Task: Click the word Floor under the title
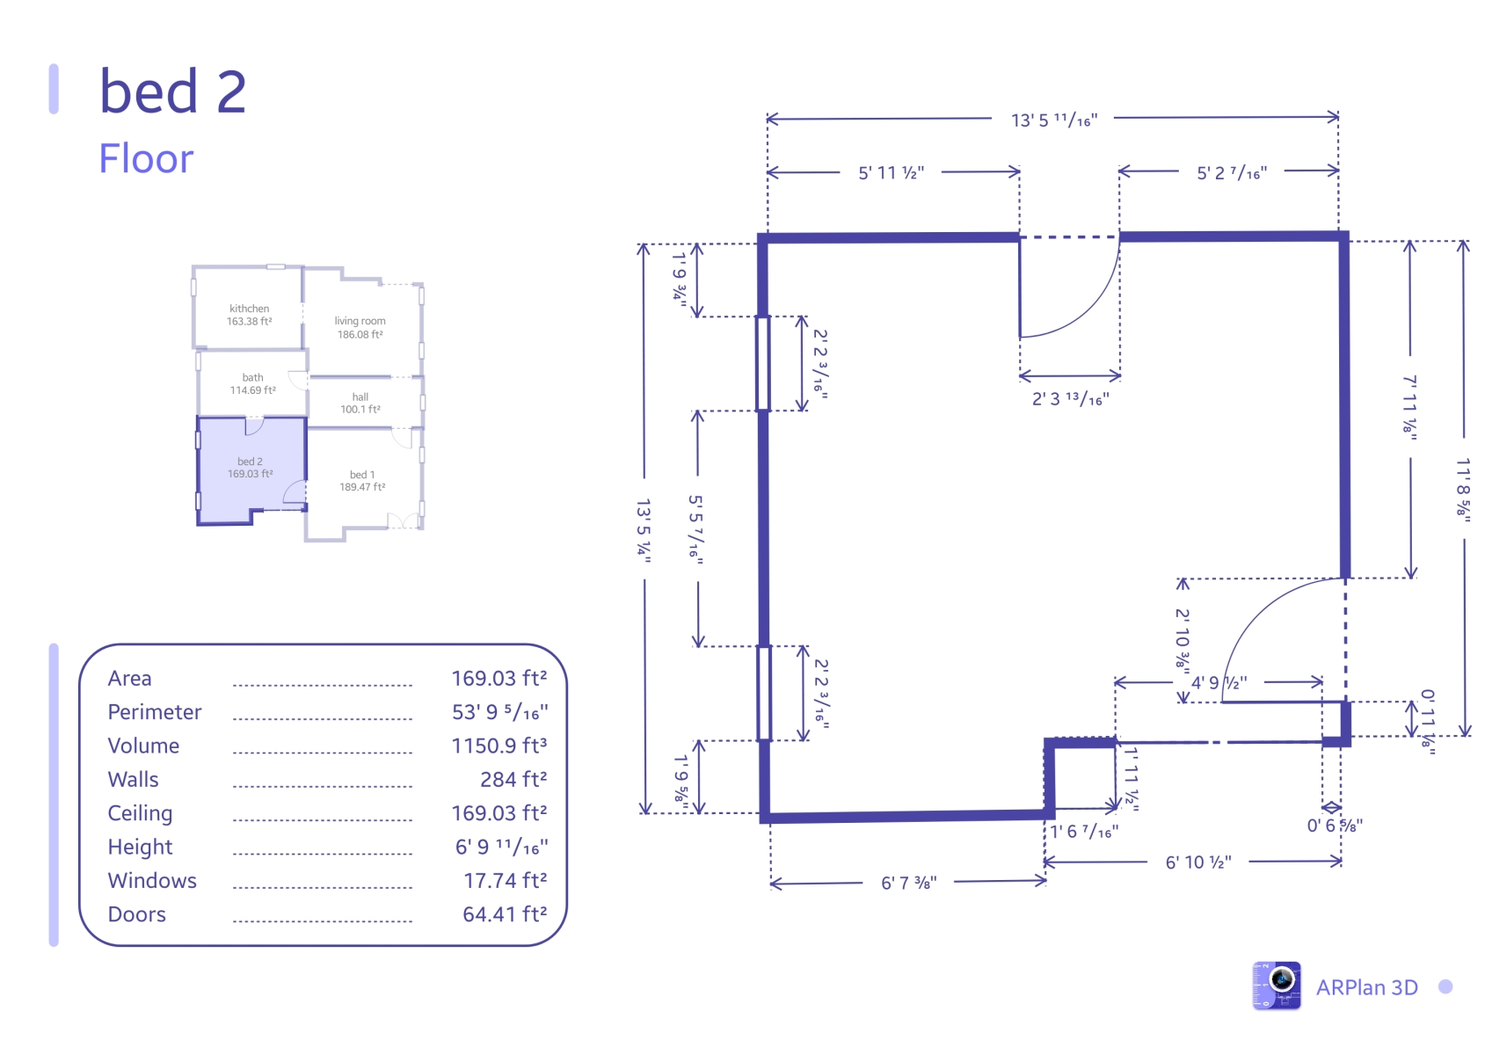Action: pyautogui.click(x=146, y=158)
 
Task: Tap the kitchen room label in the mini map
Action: pyautogui.click(x=249, y=315)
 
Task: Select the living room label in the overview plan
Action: pyautogui.click(x=360, y=327)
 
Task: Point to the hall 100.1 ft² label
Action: pyautogui.click(x=360, y=403)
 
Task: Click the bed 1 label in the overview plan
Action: pyautogui.click(x=362, y=480)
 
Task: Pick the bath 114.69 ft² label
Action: pyautogui.click(x=252, y=383)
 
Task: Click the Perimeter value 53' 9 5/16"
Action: pyautogui.click(x=499, y=712)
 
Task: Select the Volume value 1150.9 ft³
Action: pyautogui.click(x=499, y=746)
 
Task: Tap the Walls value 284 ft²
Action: pyautogui.click(x=513, y=779)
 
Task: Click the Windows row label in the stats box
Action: pyautogui.click(x=152, y=881)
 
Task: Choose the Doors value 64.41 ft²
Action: pyautogui.click(x=505, y=913)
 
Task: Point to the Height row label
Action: pyautogui.click(x=140, y=847)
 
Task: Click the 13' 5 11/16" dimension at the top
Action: pyautogui.click(x=1054, y=120)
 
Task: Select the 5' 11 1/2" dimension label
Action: pyautogui.click(x=892, y=173)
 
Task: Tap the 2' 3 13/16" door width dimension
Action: pyautogui.click(x=1070, y=399)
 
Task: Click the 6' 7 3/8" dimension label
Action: pyautogui.click(x=908, y=884)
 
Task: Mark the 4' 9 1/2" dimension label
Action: pyautogui.click(x=1219, y=683)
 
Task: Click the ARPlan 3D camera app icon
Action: pyautogui.click(x=1277, y=986)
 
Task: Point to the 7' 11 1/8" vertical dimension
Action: pyautogui.click(x=1410, y=408)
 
